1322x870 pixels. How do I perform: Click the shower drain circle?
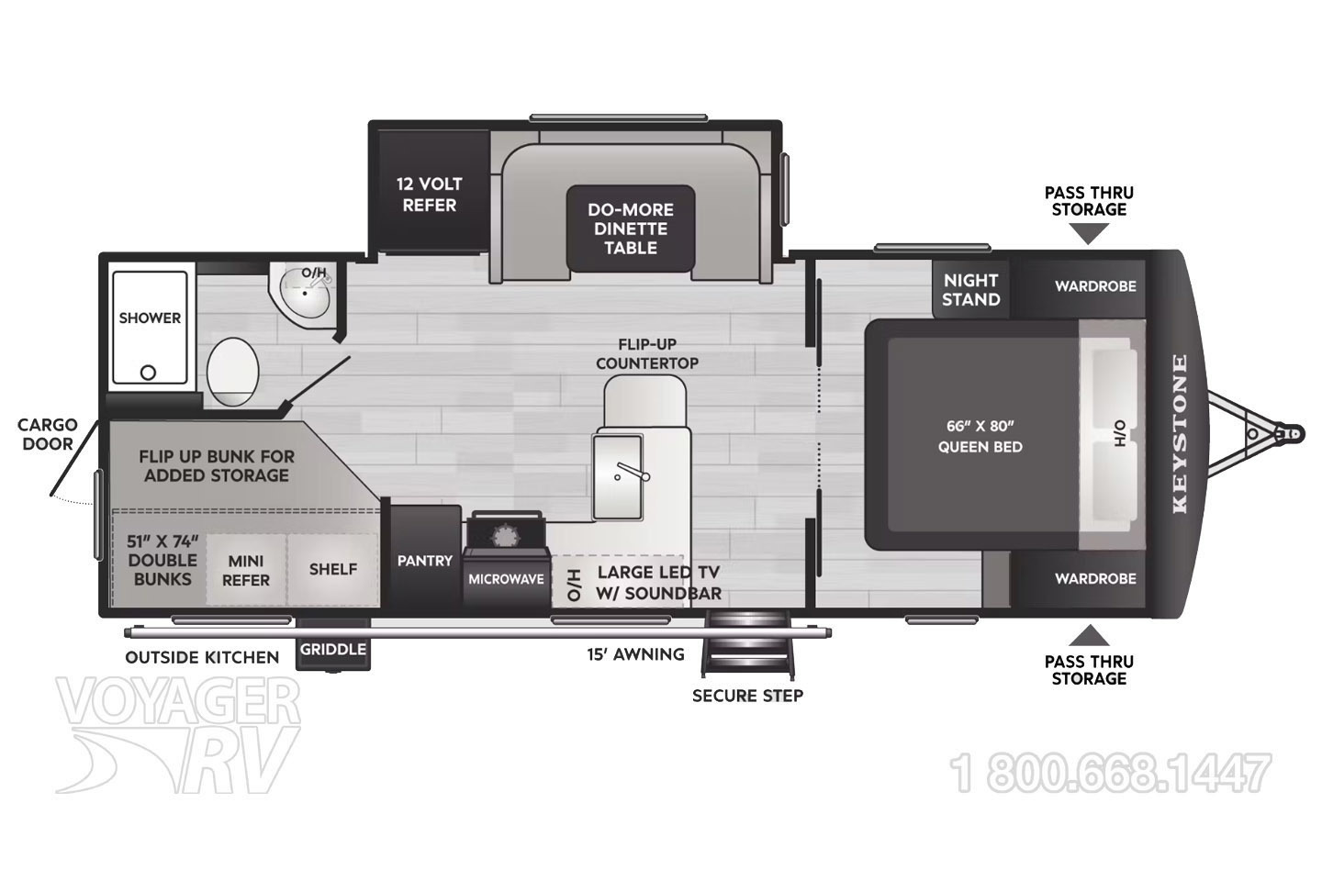(x=148, y=373)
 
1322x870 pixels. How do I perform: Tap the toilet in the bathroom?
(x=233, y=372)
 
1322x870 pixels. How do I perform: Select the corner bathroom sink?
(x=305, y=293)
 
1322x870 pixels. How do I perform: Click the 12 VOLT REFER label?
(x=429, y=195)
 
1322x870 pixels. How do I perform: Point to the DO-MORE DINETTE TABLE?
(x=631, y=229)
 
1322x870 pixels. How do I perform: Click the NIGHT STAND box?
(x=971, y=290)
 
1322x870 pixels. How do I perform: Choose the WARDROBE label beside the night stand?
(x=1095, y=286)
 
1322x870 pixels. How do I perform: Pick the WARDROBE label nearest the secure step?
(x=1095, y=579)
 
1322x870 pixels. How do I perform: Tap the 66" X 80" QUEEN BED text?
(x=980, y=437)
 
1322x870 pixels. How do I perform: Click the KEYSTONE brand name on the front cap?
(x=1179, y=433)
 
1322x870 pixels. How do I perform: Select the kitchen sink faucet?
(x=633, y=472)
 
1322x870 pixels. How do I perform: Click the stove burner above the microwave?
(x=504, y=537)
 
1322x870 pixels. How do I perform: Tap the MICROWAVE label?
(x=506, y=579)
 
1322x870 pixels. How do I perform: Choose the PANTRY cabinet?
(x=426, y=556)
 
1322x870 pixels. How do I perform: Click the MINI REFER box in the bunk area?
(x=246, y=570)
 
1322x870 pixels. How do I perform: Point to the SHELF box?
(x=333, y=570)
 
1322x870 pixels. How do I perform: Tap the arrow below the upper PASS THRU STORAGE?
(x=1089, y=235)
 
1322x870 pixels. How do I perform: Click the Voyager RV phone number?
(x=1111, y=773)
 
